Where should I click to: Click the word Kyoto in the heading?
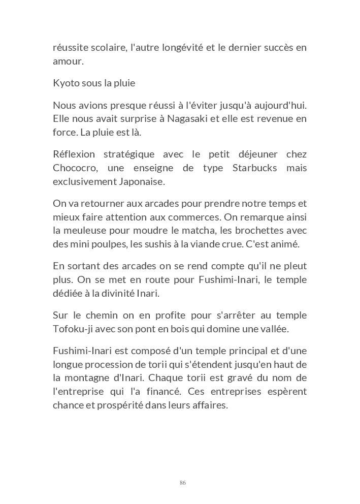(65, 83)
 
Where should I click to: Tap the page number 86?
(183, 483)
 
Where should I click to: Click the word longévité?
(182, 48)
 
